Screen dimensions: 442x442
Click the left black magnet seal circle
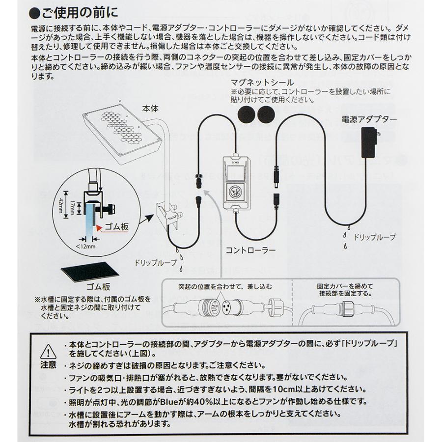pos(246,115)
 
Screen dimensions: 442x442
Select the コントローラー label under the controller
pos(250,249)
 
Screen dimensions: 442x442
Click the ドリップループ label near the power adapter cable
pos(375,237)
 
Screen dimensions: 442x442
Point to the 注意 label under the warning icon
pos(48,366)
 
